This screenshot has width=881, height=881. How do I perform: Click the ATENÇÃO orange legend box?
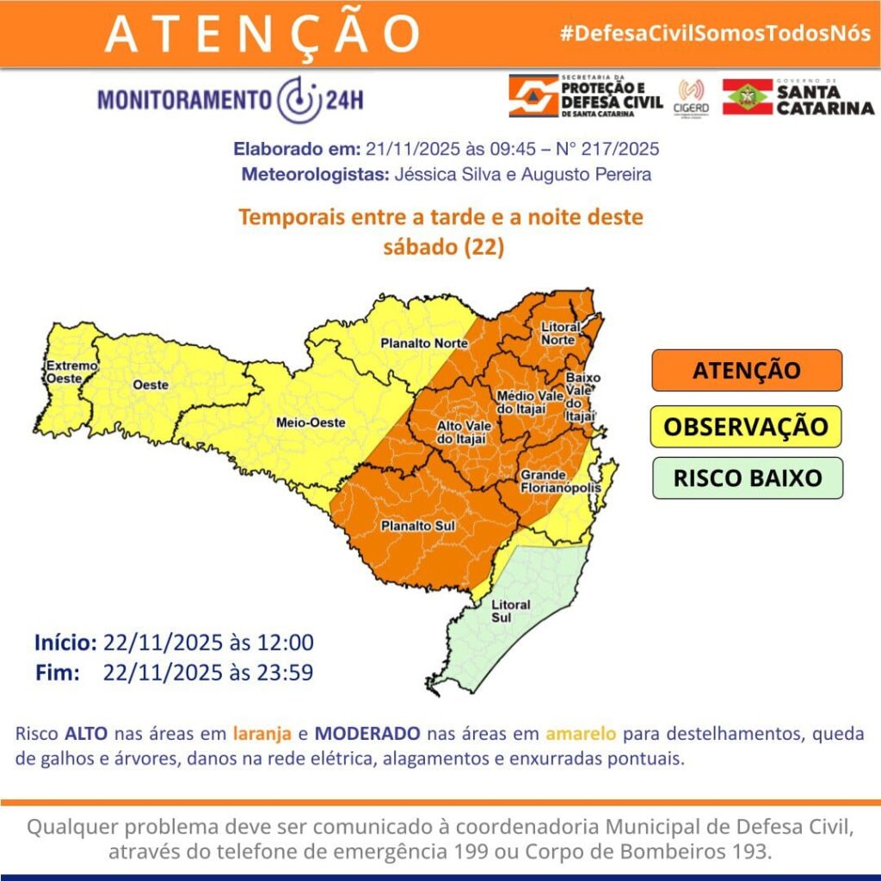[x=745, y=371]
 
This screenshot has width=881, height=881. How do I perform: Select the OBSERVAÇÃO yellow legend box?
[x=745, y=427]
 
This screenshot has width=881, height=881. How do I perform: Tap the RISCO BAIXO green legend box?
[x=745, y=477]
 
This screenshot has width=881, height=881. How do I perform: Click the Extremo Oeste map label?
[x=66, y=372]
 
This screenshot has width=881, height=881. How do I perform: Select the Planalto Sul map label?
[x=418, y=527]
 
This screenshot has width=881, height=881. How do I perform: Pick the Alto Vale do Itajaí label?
[x=459, y=434]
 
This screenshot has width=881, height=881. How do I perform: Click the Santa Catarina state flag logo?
[x=747, y=96]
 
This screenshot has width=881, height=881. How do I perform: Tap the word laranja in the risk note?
[x=262, y=734]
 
